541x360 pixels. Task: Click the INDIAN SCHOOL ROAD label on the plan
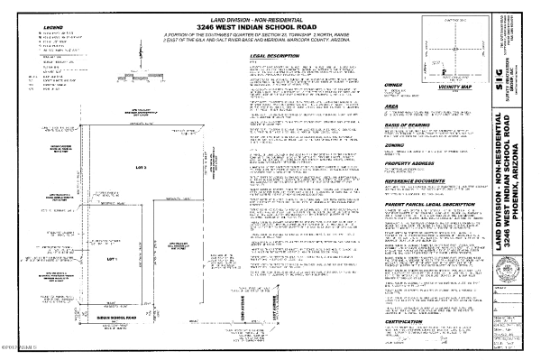pos(115,318)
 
